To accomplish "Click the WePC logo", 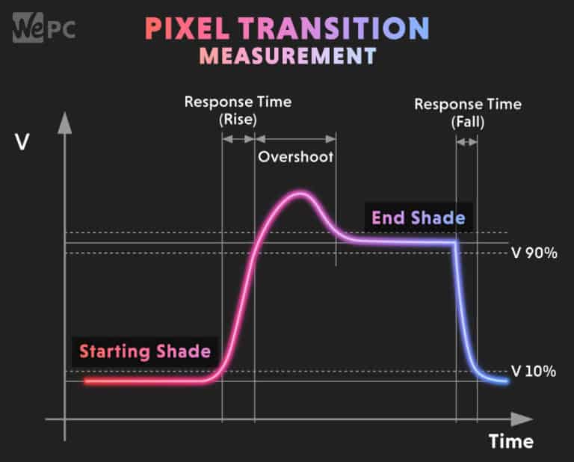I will [x=43, y=28].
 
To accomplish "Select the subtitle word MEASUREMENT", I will [x=287, y=56].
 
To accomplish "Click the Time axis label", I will [x=511, y=441].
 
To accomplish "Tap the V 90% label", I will [x=534, y=253].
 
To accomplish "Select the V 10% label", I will [x=534, y=371].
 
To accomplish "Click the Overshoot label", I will [x=295, y=157].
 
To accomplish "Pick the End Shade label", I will [x=419, y=218].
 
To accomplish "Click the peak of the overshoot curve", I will [x=300, y=194].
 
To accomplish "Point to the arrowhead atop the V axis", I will [x=65, y=120].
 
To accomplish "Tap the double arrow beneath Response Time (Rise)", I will [x=239, y=138].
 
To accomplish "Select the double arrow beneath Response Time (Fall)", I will [x=467, y=141].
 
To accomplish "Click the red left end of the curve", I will [x=87, y=381].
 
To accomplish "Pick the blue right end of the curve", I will [x=507, y=381].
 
